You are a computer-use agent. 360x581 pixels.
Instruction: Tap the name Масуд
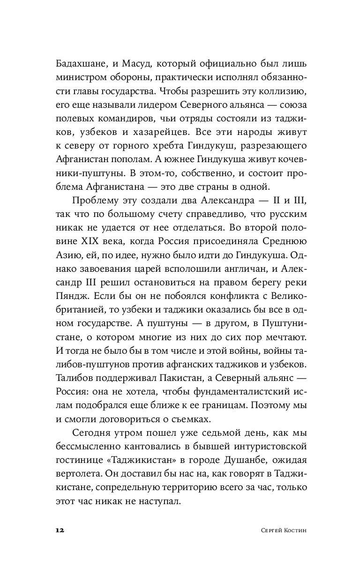pos(140,63)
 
